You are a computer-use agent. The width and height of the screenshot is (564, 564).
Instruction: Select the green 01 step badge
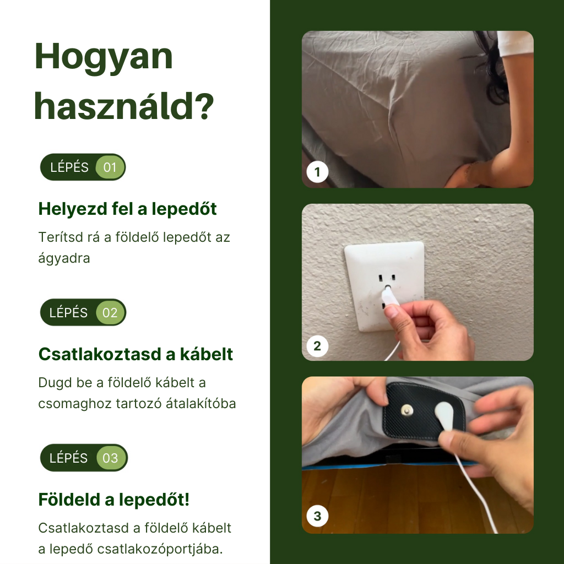coord(110,167)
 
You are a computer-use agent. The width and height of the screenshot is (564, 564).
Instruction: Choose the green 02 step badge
coord(110,313)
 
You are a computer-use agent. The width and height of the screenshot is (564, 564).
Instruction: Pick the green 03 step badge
coord(111,458)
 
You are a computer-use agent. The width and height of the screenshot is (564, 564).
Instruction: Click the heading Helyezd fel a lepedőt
coord(127,209)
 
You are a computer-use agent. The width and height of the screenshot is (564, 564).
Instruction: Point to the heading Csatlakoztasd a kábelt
coord(135,354)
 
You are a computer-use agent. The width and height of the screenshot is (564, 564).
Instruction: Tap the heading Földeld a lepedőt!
coord(113,500)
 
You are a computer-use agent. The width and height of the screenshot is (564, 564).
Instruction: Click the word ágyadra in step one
coord(64,257)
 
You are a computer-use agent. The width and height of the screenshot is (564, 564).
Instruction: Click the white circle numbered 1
coord(317,172)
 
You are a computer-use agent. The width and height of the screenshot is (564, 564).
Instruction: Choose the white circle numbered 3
coord(317,517)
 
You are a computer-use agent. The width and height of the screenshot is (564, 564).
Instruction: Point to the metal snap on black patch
coord(407,410)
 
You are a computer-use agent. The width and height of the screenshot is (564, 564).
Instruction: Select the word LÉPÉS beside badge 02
coord(68,313)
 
